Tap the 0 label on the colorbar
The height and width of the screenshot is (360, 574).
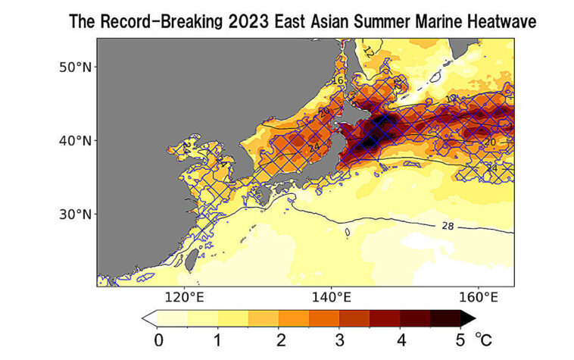[x=158, y=339]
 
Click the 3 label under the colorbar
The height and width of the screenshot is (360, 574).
[x=340, y=339]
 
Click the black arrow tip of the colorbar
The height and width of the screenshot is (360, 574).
[x=469, y=318]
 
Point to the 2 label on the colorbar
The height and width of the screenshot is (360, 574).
[x=279, y=339]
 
